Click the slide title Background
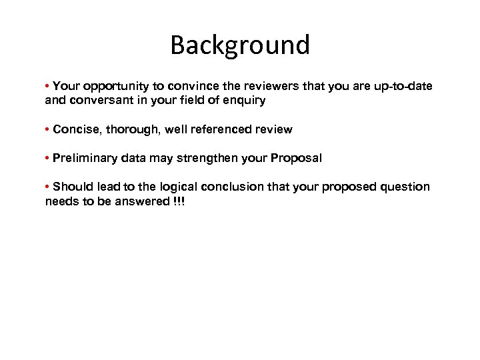[x=240, y=45]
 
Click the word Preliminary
[x=85, y=158]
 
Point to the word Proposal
[x=295, y=158]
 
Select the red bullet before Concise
[x=48, y=129]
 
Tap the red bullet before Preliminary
[x=48, y=158]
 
